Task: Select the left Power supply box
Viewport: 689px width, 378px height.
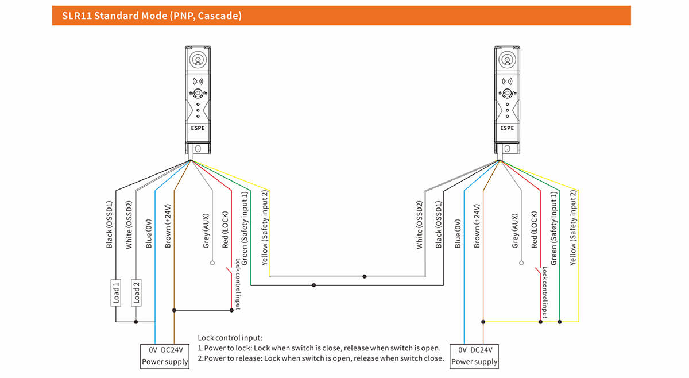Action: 165,356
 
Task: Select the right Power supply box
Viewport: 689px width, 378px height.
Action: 474,356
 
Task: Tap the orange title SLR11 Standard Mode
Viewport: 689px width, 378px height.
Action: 147,16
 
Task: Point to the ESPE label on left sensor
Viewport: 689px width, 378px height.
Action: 198,128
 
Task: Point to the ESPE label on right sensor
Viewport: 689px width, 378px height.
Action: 507,128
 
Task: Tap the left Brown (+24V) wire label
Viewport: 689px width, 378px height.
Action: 168,225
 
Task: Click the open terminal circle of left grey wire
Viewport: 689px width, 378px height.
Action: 212,263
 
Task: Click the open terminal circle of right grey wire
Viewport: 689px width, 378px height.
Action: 521,263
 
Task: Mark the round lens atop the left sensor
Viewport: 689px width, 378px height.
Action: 198,59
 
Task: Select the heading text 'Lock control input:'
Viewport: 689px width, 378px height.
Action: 230,338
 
